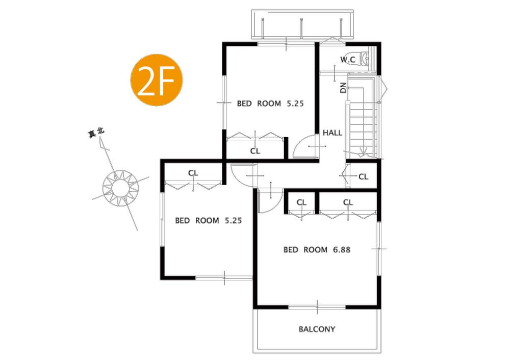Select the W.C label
[x=348, y=60]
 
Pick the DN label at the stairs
[x=343, y=87]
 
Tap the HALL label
[x=333, y=133]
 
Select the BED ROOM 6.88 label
[x=316, y=250]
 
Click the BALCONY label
[x=317, y=329]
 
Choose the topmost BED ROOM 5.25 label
[x=270, y=104]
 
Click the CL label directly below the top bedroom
[x=255, y=151]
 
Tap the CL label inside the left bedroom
[x=193, y=173]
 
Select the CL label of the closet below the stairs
[x=363, y=177]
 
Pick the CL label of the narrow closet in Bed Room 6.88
[x=301, y=202]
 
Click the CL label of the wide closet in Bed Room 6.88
[x=348, y=202]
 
